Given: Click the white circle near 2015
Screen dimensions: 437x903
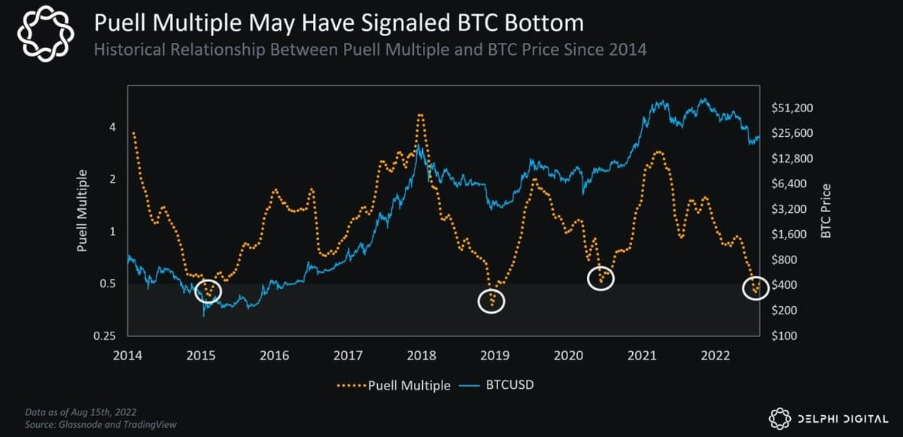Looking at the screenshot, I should (x=208, y=290).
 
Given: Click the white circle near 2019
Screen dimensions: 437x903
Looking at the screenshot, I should (x=491, y=302).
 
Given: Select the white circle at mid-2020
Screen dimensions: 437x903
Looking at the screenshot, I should (x=600, y=278).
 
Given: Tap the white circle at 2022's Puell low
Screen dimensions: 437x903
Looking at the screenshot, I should (x=756, y=287).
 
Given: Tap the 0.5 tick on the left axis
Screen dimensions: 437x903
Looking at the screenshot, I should (x=108, y=284).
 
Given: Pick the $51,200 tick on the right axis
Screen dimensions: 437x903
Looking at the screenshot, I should (x=792, y=108).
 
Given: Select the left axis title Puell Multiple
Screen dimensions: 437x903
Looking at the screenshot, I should (x=82, y=210).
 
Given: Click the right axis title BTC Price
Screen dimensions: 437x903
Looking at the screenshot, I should (x=825, y=211).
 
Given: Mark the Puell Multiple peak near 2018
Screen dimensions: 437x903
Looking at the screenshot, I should (x=421, y=115).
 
